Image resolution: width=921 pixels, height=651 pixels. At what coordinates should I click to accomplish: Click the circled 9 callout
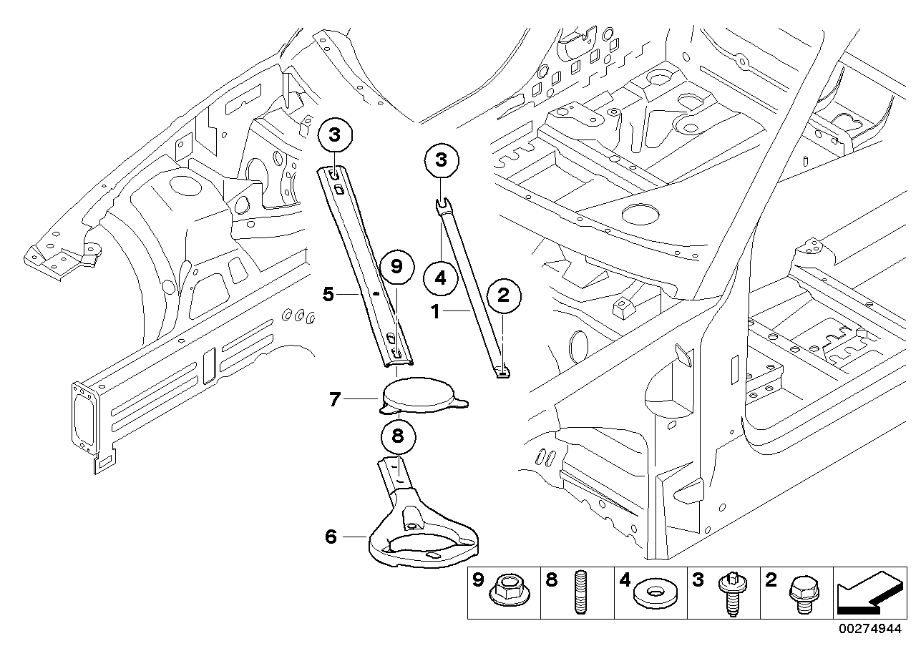click(x=396, y=267)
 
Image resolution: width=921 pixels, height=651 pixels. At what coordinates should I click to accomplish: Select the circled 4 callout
click(x=440, y=278)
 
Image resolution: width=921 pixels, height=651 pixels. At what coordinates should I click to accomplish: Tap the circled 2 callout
click(x=504, y=295)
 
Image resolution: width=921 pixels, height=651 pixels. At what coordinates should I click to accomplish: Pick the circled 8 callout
click(x=398, y=436)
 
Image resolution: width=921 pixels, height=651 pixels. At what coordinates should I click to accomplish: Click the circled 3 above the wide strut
click(x=335, y=135)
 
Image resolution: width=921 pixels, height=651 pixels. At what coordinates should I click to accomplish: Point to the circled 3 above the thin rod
click(x=441, y=160)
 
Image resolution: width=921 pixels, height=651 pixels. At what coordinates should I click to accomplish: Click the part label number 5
click(x=328, y=294)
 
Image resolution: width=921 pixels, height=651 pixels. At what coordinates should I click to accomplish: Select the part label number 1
click(x=435, y=312)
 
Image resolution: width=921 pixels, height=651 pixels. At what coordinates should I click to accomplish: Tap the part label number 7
click(x=335, y=399)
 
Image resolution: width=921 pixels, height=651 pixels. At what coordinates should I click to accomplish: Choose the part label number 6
click(x=331, y=537)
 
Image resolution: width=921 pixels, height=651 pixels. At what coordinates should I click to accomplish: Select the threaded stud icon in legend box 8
click(x=580, y=592)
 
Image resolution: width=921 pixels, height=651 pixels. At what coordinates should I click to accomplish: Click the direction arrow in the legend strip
click(x=870, y=592)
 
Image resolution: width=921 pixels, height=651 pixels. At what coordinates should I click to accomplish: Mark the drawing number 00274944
click(x=870, y=629)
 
